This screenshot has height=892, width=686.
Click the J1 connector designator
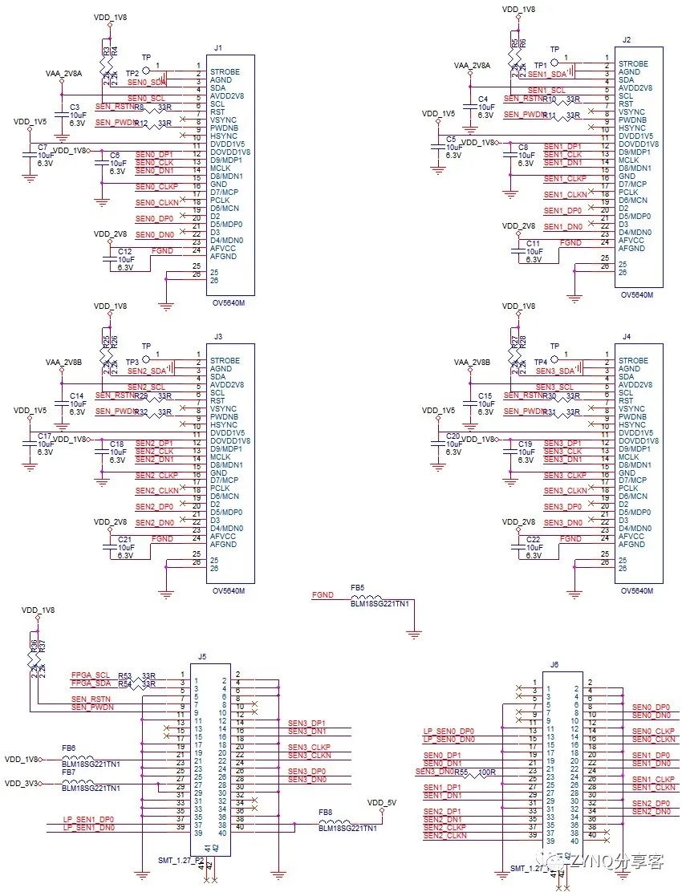(218, 47)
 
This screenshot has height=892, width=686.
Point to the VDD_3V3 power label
(22, 782)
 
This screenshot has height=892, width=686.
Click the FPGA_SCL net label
(91, 675)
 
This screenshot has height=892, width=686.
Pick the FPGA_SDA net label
(91, 683)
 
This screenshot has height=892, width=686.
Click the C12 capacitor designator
(125, 251)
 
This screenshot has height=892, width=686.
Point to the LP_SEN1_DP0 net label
(88, 819)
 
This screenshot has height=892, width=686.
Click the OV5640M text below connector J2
(637, 294)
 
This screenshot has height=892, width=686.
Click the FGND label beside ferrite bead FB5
(323, 595)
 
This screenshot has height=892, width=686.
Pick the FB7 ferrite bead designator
(69, 771)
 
